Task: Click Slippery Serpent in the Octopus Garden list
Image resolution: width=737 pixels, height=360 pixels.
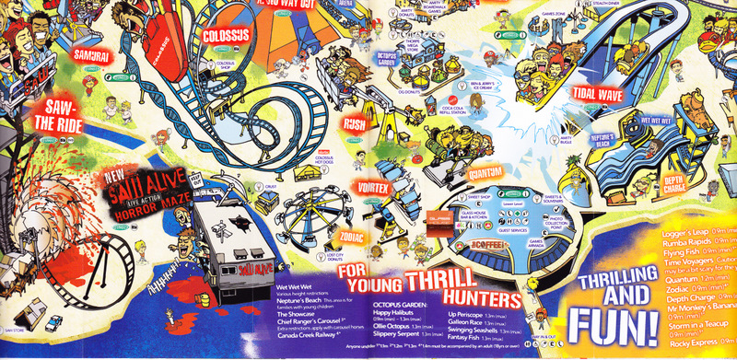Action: point(402,332)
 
